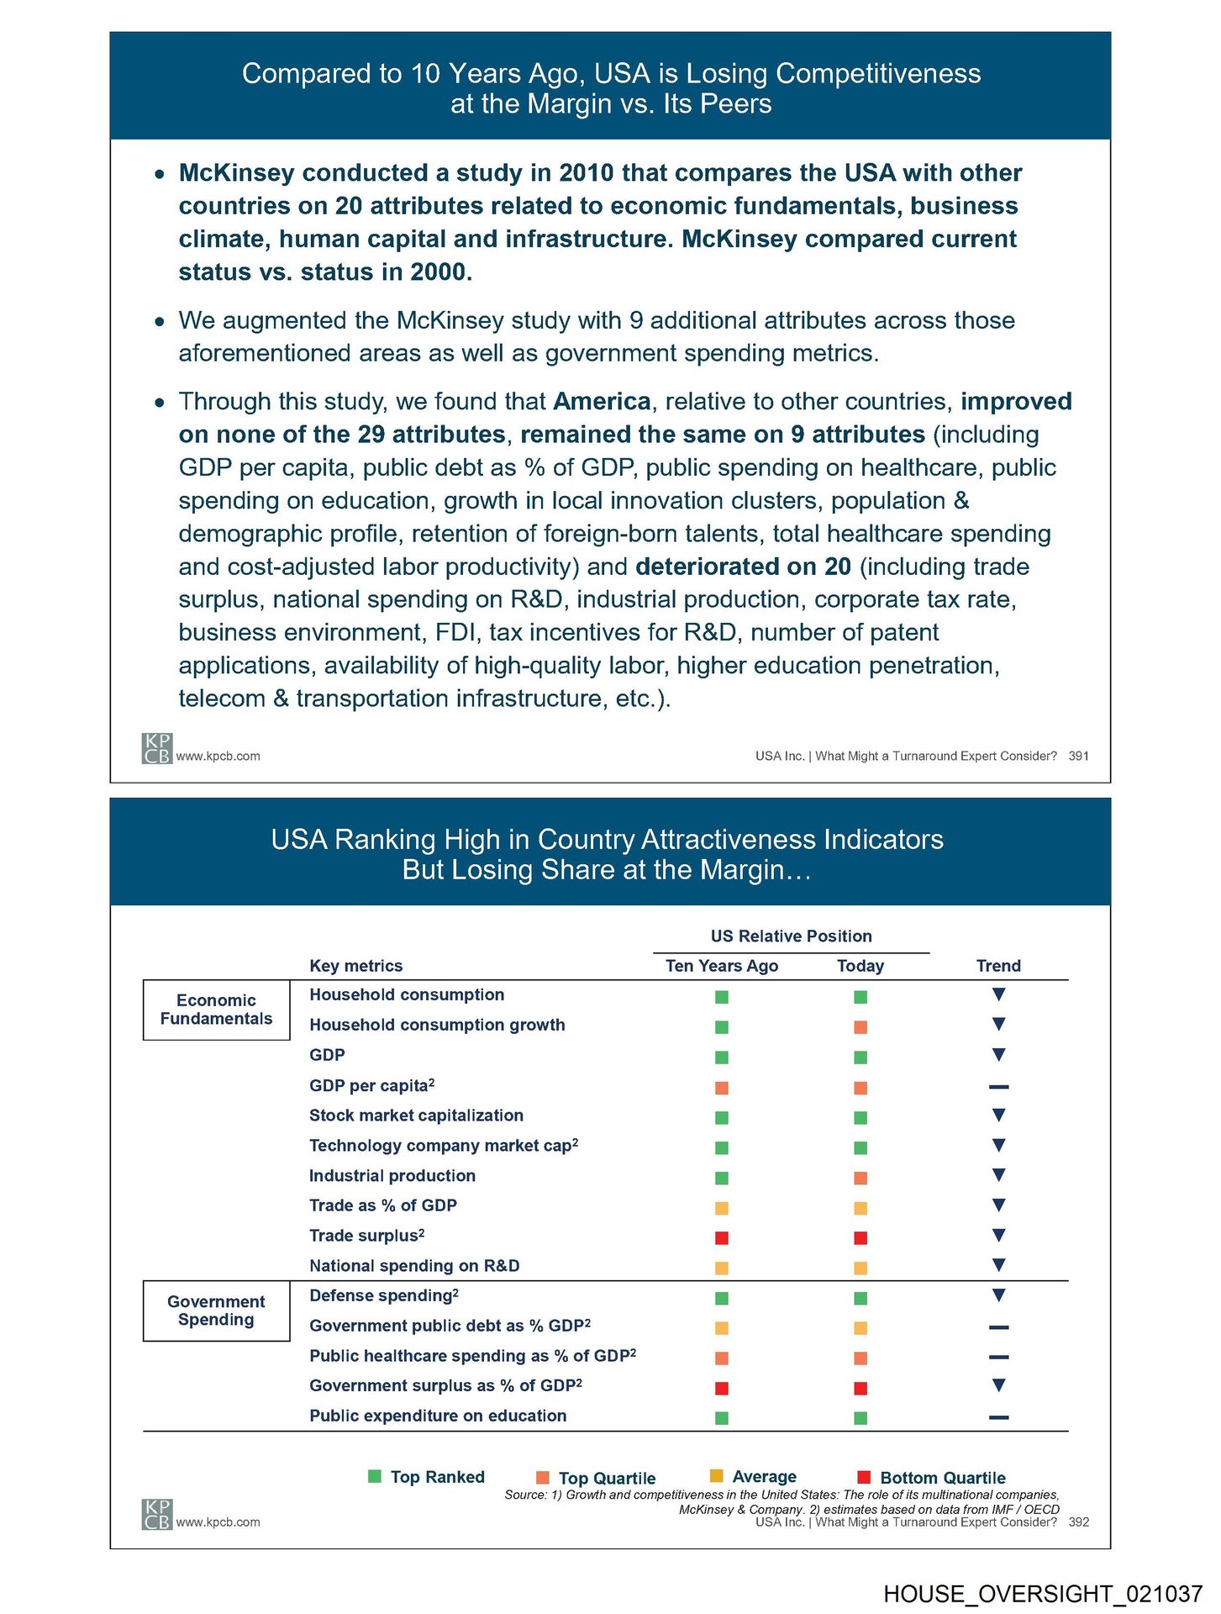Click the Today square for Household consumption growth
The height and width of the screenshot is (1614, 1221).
click(x=860, y=1027)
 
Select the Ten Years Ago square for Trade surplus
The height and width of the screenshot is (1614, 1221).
click(x=721, y=1237)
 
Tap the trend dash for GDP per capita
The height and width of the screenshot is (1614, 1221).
click(x=998, y=1087)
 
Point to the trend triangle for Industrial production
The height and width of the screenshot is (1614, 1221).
click(x=998, y=1175)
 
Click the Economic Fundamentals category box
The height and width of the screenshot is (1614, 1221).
click(x=216, y=1010)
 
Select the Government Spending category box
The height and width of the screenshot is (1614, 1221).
click(x=216, y=1311)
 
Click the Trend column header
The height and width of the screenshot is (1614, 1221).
click(x=998, y=966)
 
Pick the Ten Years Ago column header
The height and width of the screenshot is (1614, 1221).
click(x=721, y=966)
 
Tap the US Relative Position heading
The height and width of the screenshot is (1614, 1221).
click(x=791, y=936)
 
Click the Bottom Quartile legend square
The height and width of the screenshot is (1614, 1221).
click(x=863, y=1477)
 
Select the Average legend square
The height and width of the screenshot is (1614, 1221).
click(x=716, y=1475)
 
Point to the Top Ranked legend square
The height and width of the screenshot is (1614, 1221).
click(x=375, y=1476)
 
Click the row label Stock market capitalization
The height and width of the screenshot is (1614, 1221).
click(x=416, y=1116)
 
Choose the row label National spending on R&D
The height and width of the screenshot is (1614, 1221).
click(x=414, y=1266)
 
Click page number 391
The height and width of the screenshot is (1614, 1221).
click(x=1078, y=757)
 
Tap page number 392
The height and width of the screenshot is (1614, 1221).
click(x=1078, y=1522)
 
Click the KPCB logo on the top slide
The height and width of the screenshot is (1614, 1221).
click(x=156, y=748)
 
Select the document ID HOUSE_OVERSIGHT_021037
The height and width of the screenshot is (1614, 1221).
click(x=1042, y=1594)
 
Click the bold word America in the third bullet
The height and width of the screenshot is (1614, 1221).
click(x=602, y=402)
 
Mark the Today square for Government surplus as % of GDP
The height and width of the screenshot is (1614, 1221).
click(x=860, y=1388)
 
